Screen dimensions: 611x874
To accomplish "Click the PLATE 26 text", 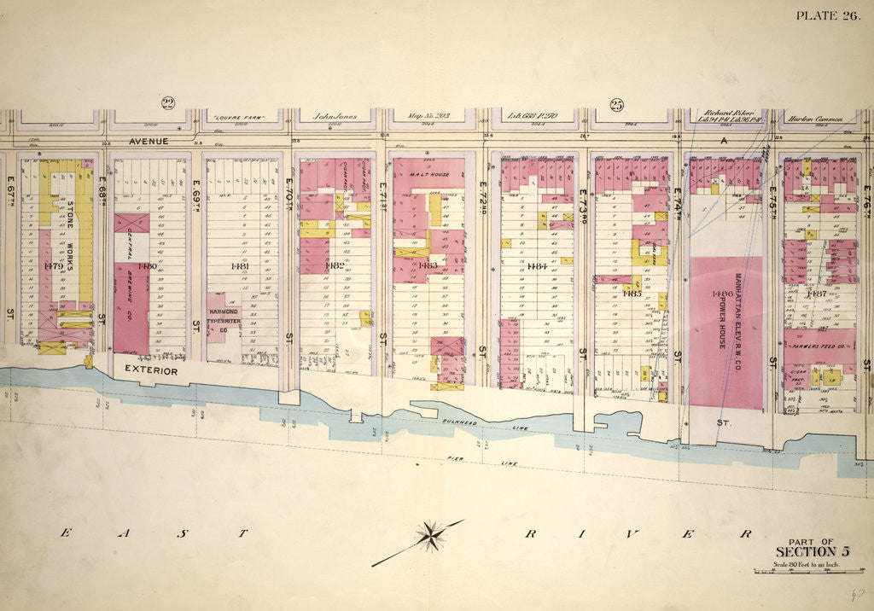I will click(827, 15).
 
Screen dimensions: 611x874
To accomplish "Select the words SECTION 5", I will click(811, 552).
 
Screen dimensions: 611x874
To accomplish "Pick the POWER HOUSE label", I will click(721, 317).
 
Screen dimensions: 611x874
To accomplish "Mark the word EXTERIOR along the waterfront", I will click(150, 371).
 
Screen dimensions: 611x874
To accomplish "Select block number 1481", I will click(240, 265).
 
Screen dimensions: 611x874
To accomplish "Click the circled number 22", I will click(168, 104).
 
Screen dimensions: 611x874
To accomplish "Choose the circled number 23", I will click(616, 105).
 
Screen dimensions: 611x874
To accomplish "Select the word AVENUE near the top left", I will click(149, 141).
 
